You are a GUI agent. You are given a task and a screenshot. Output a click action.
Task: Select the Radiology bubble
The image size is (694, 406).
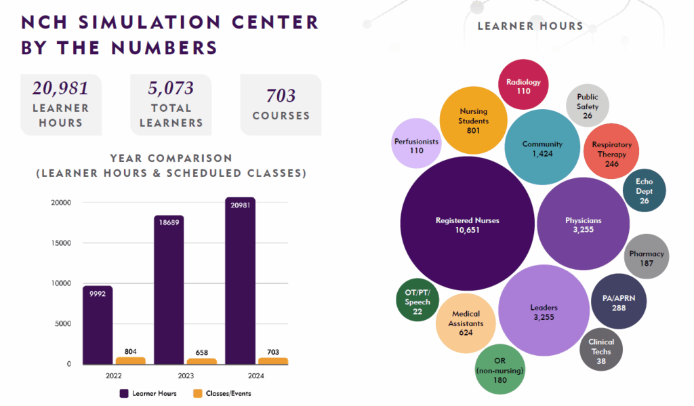(x=523, y=85)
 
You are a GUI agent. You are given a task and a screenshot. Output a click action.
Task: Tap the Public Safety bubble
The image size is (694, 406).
(x=588, y=106)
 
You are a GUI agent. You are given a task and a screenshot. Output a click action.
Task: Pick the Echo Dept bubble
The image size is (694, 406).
(x=644, y=190)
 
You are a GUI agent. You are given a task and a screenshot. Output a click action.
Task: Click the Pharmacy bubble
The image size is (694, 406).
(x=647, y=257)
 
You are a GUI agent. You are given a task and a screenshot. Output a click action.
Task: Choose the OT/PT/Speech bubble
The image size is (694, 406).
(x=417, y=301)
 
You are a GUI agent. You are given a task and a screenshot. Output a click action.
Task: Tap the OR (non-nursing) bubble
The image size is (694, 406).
(x=500, y=369)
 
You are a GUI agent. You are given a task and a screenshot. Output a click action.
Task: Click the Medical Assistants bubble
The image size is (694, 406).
(x=466, y=323)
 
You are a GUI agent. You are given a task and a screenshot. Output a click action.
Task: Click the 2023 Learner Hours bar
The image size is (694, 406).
(x=169, y=291)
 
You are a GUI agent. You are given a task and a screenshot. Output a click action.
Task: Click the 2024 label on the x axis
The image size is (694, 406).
(x=241, y=375)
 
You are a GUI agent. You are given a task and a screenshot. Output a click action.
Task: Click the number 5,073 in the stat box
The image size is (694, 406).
(x=171, y=88)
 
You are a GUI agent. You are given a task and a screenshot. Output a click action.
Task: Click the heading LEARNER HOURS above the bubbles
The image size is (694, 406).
(x=530, y=26)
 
